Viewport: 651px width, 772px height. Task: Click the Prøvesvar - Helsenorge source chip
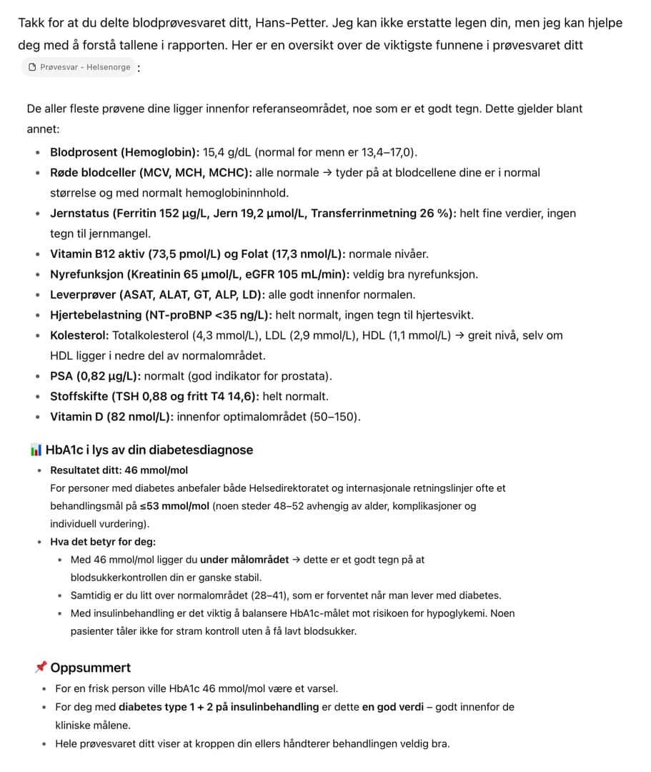coord(80,67)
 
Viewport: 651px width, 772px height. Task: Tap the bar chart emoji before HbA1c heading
coord(36,450)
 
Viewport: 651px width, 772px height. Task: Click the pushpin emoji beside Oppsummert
coord(41,668)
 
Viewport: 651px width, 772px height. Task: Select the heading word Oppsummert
coord(91,668)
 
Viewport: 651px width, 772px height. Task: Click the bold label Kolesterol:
coord(79,335)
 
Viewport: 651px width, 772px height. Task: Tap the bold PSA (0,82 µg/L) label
coord(95,376)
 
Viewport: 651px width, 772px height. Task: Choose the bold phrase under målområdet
coord(244,560)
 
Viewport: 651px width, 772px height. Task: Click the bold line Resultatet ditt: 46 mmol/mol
coord(119,470)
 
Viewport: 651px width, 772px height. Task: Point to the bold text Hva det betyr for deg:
coord(103,542)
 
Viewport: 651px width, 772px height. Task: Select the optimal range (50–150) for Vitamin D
coord(334,417)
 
